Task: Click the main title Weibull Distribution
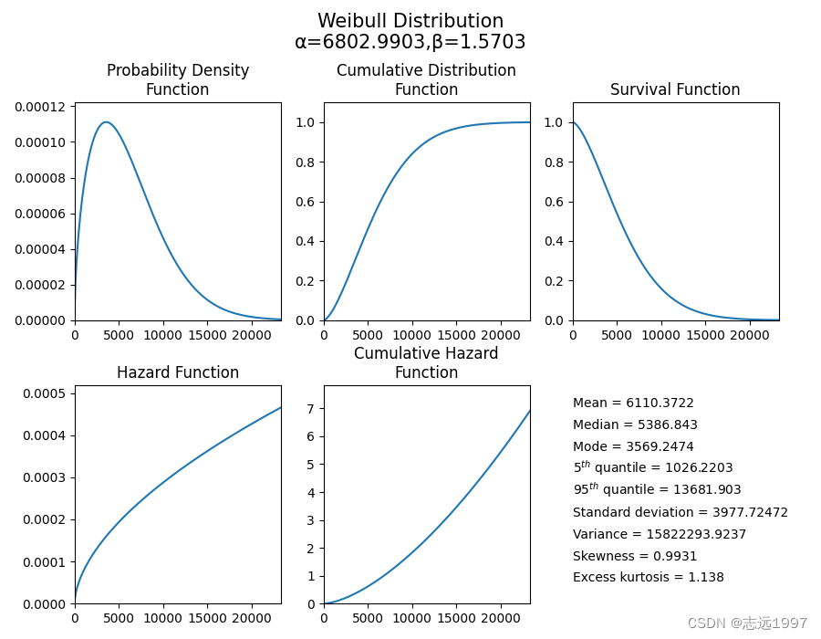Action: coord(410,21)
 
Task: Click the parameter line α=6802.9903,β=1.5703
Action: coord(410,42)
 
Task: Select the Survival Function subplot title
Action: coord(675,89)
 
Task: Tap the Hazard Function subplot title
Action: coord(178,372)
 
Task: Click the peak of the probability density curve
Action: coord(106,122)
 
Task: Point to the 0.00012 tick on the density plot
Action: coord(42,107)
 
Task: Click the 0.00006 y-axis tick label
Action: coord(42,214)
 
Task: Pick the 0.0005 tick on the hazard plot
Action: coord(46,393)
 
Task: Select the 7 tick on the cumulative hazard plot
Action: coord(309,408)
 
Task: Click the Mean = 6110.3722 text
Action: coord(633,403)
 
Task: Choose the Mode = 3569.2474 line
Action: coord(633,446)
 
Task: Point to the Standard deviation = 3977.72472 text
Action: coord(681,512)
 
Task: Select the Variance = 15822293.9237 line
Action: coord(660,534)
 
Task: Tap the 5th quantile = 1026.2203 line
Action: coord(653,467)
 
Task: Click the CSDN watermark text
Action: coord(747,623)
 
